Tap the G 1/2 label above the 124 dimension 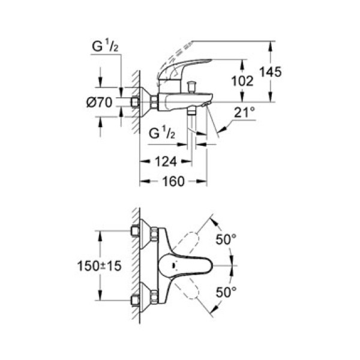point(161,133)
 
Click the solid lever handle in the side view point(186,67)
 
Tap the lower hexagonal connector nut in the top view point(154,297)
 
